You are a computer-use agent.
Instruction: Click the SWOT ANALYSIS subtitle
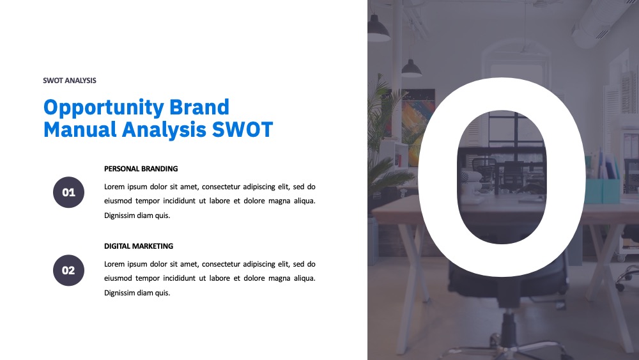(x=70, y=81)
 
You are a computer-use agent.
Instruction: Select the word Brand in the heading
(x=199, y=107)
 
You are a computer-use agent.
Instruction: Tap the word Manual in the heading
(x=80, y=129)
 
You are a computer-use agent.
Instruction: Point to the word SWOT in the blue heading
(x=242, y=129)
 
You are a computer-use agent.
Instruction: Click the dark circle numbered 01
(x=68, y=192)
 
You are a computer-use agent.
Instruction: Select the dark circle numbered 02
(x=68, y=270)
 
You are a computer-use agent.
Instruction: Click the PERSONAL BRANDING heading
(x=141, y=169)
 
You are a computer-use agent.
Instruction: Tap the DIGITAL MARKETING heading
(x=139, y=246)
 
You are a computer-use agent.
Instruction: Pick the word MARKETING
(x=153, y=246)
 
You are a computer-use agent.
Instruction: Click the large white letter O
(x=438, y=177)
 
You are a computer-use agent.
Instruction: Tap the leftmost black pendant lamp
(x=378, y=29)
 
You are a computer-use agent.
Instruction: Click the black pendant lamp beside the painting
(x=412, y=68)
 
